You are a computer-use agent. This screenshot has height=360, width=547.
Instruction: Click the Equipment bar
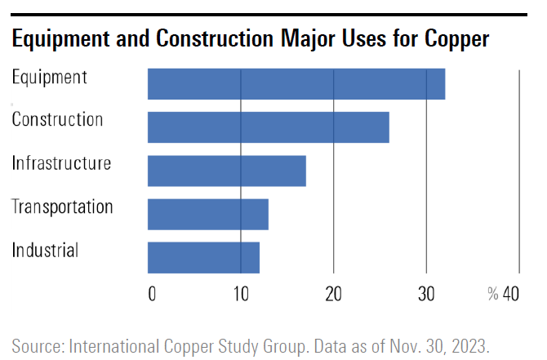[x=296, y=84]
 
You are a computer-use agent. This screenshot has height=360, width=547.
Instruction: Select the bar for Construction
[x=269, y=127]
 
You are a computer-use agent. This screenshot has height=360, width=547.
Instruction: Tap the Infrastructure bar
[x=227, y=171]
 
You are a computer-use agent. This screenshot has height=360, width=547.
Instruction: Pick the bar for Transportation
[x=208, y=214]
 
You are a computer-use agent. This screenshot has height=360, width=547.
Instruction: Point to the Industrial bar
[x=203, y=257]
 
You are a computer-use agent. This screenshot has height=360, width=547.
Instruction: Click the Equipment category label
[x=49, y=77]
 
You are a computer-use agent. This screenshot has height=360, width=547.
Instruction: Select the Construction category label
[x=57, y=120]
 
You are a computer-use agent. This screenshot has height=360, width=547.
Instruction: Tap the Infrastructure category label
[x=61, y=163]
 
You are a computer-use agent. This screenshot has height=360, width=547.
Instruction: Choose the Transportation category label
[x=62, y=207]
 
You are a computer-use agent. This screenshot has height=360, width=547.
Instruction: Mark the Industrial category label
[x=45, y=250]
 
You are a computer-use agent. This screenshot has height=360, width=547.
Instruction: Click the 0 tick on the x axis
[x=152, y=294]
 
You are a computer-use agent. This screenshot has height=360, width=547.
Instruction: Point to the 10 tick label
[x=241, y=294]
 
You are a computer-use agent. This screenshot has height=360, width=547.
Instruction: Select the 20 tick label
[x=333, y=294]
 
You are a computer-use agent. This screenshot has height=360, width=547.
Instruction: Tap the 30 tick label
[x=426, y=294]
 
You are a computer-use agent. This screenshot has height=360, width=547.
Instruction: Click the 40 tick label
[x=511, y=294]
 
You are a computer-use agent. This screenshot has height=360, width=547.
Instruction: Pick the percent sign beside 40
[x=493, y=294]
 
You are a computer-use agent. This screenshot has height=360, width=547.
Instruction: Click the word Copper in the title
[x=456, y=39]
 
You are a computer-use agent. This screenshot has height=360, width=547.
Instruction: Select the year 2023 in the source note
[x=470, y=346]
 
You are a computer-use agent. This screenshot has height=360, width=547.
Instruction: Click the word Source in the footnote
[x=38, y=346]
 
